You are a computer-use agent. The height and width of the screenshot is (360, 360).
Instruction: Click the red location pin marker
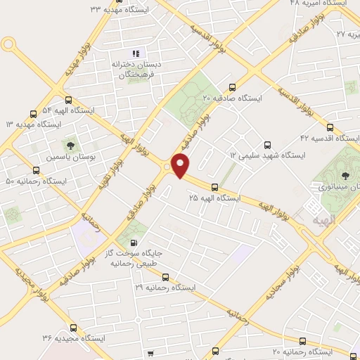pos(181,166)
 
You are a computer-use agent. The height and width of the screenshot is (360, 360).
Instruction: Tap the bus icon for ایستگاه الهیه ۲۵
pos(214,188)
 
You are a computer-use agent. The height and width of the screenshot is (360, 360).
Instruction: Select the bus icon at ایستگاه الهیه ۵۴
pos(68,100)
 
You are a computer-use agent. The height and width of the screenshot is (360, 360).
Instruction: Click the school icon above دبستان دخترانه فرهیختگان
pos(136,53)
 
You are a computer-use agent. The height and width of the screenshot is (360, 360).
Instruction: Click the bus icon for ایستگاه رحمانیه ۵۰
pos(36,170)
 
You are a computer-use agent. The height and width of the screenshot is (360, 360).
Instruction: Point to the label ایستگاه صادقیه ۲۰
pos(232,98)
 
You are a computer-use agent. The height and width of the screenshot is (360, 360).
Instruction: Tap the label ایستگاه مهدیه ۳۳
pos(120,9)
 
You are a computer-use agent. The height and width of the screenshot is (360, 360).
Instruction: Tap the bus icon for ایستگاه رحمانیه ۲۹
pos(166,277)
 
